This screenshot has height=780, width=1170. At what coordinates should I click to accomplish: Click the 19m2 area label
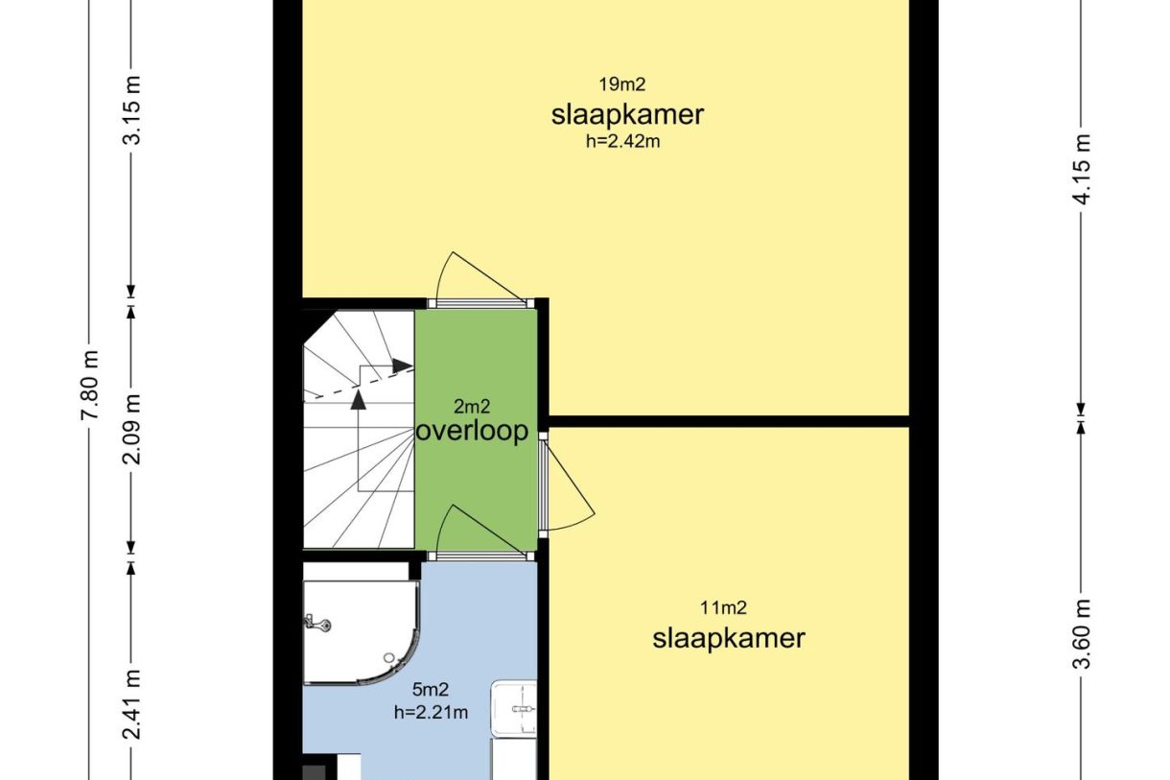click(x=622, y=84)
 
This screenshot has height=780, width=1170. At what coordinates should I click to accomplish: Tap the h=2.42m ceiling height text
click(x=623, y=142)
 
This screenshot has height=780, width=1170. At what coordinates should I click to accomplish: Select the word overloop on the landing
click(x=472, y=432)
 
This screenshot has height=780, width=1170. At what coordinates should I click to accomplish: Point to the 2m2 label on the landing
click(x=472, y=406)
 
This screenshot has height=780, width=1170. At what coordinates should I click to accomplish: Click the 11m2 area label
click(x=723, y=607)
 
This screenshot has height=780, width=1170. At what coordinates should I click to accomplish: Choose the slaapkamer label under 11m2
click(x=729, y=638)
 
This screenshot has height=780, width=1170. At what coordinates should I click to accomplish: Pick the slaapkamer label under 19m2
click(x=627, y=114)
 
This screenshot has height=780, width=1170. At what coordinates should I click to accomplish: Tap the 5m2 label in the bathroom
click(x=431, y=690)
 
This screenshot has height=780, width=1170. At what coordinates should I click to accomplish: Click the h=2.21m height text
click(x=431, y=712)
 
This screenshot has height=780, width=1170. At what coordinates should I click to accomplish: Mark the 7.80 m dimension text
click(x=89, y=386)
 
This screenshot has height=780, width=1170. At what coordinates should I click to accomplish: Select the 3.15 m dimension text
click(x=131, y=110)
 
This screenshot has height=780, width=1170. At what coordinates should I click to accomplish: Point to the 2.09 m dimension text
click(x=131, y=430)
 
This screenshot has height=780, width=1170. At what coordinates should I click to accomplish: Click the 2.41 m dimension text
click(x=131, y=705)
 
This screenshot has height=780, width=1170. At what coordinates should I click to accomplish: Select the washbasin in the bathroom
click(x=514, y=708)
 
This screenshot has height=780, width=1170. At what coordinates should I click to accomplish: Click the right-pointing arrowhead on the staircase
click(x=403, y=366)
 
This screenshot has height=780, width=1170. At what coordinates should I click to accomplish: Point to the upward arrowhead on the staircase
click(x=358, y=400)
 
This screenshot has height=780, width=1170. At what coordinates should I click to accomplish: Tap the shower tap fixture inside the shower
click(x=316, y=622)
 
